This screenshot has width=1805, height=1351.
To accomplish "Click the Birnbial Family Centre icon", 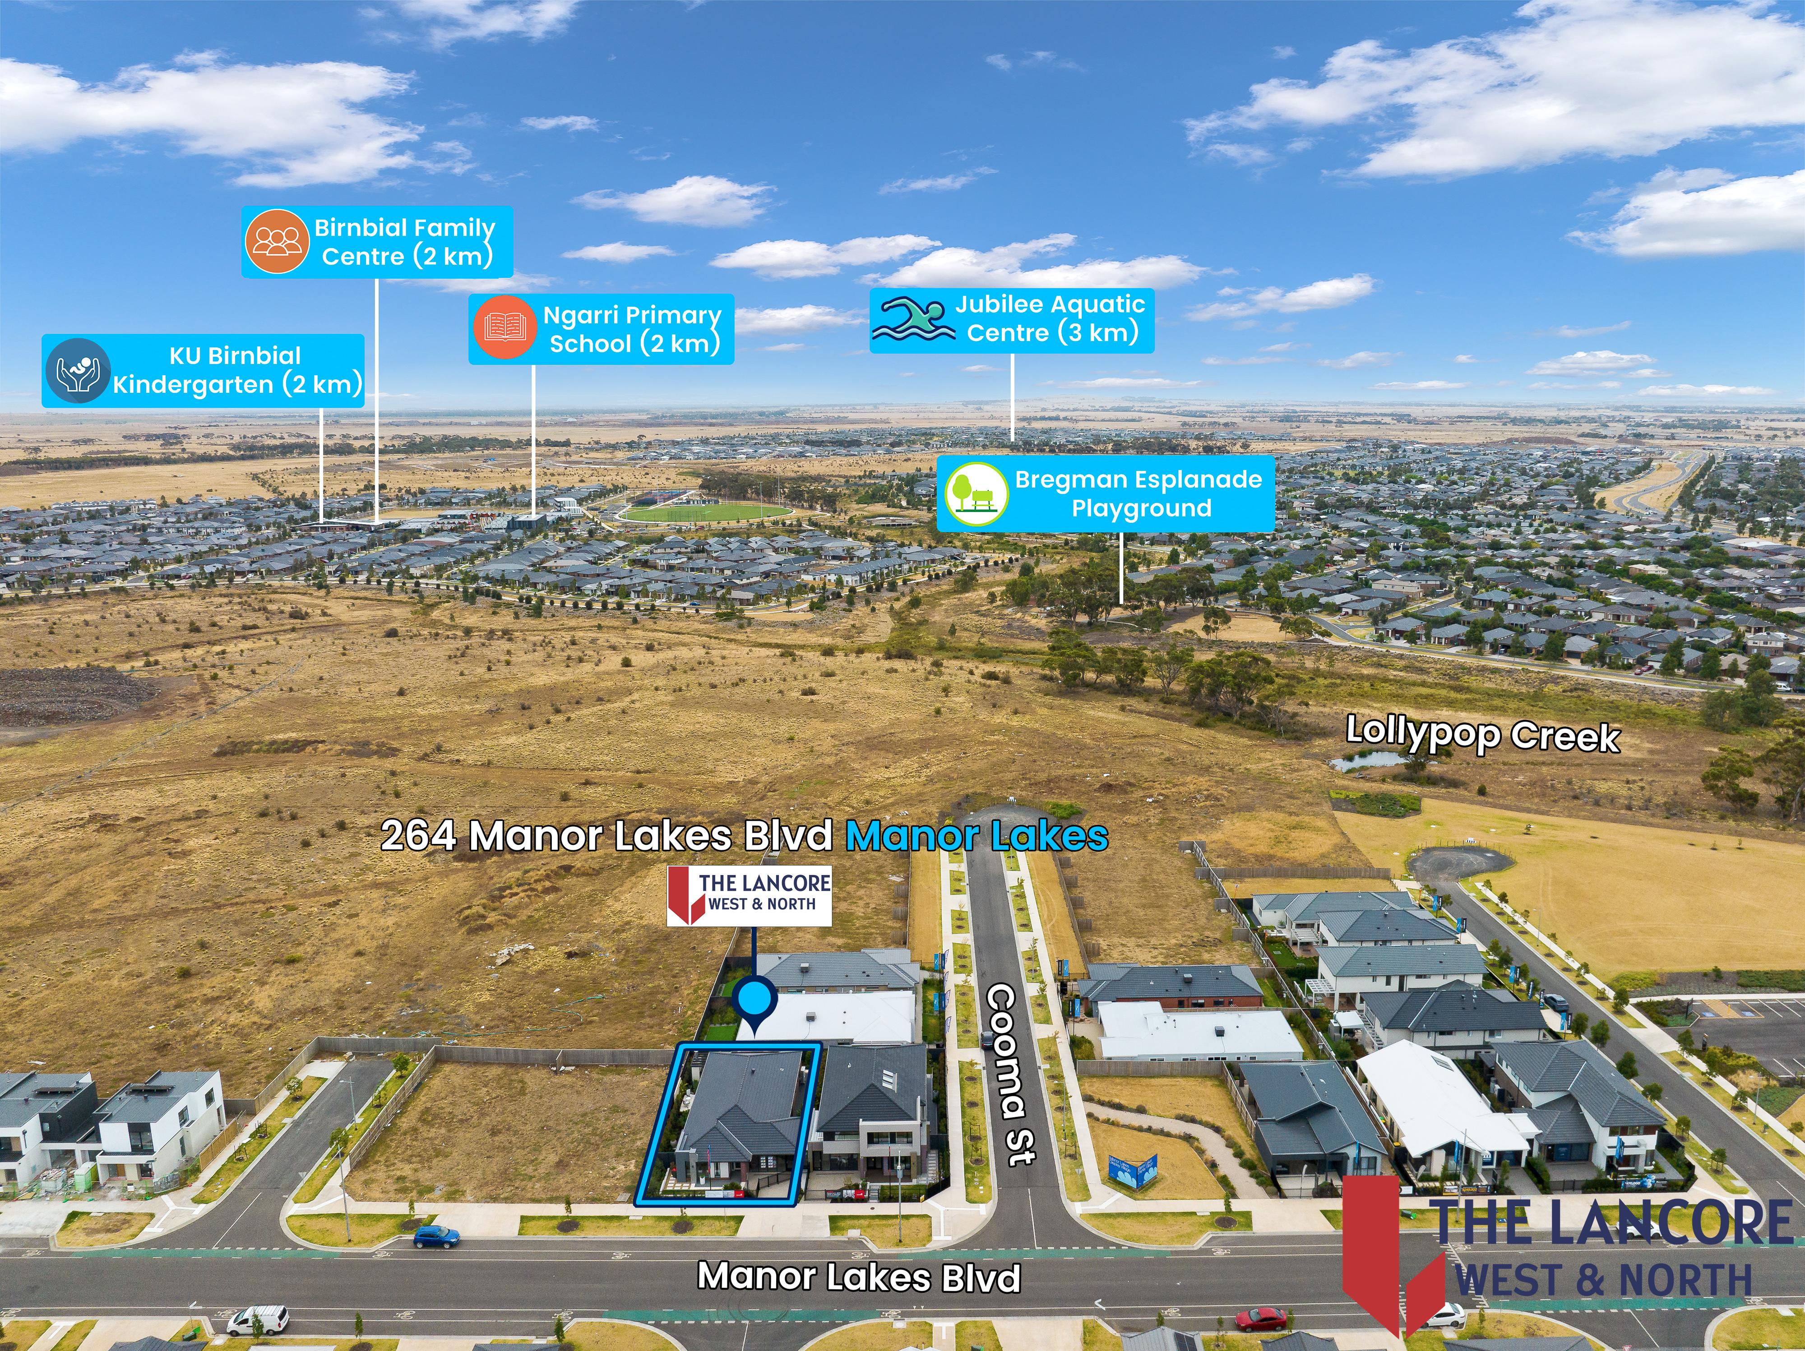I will click(277, 241).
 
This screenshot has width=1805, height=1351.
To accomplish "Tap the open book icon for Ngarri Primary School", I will click(504, 328).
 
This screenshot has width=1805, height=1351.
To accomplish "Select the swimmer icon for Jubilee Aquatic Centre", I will click(912, 320).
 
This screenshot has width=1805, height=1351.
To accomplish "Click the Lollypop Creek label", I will click(1482, 734).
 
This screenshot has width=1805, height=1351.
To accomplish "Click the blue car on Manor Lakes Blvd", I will click(436, 1238).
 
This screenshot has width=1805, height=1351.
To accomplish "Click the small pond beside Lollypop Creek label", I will click(1368, 761).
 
